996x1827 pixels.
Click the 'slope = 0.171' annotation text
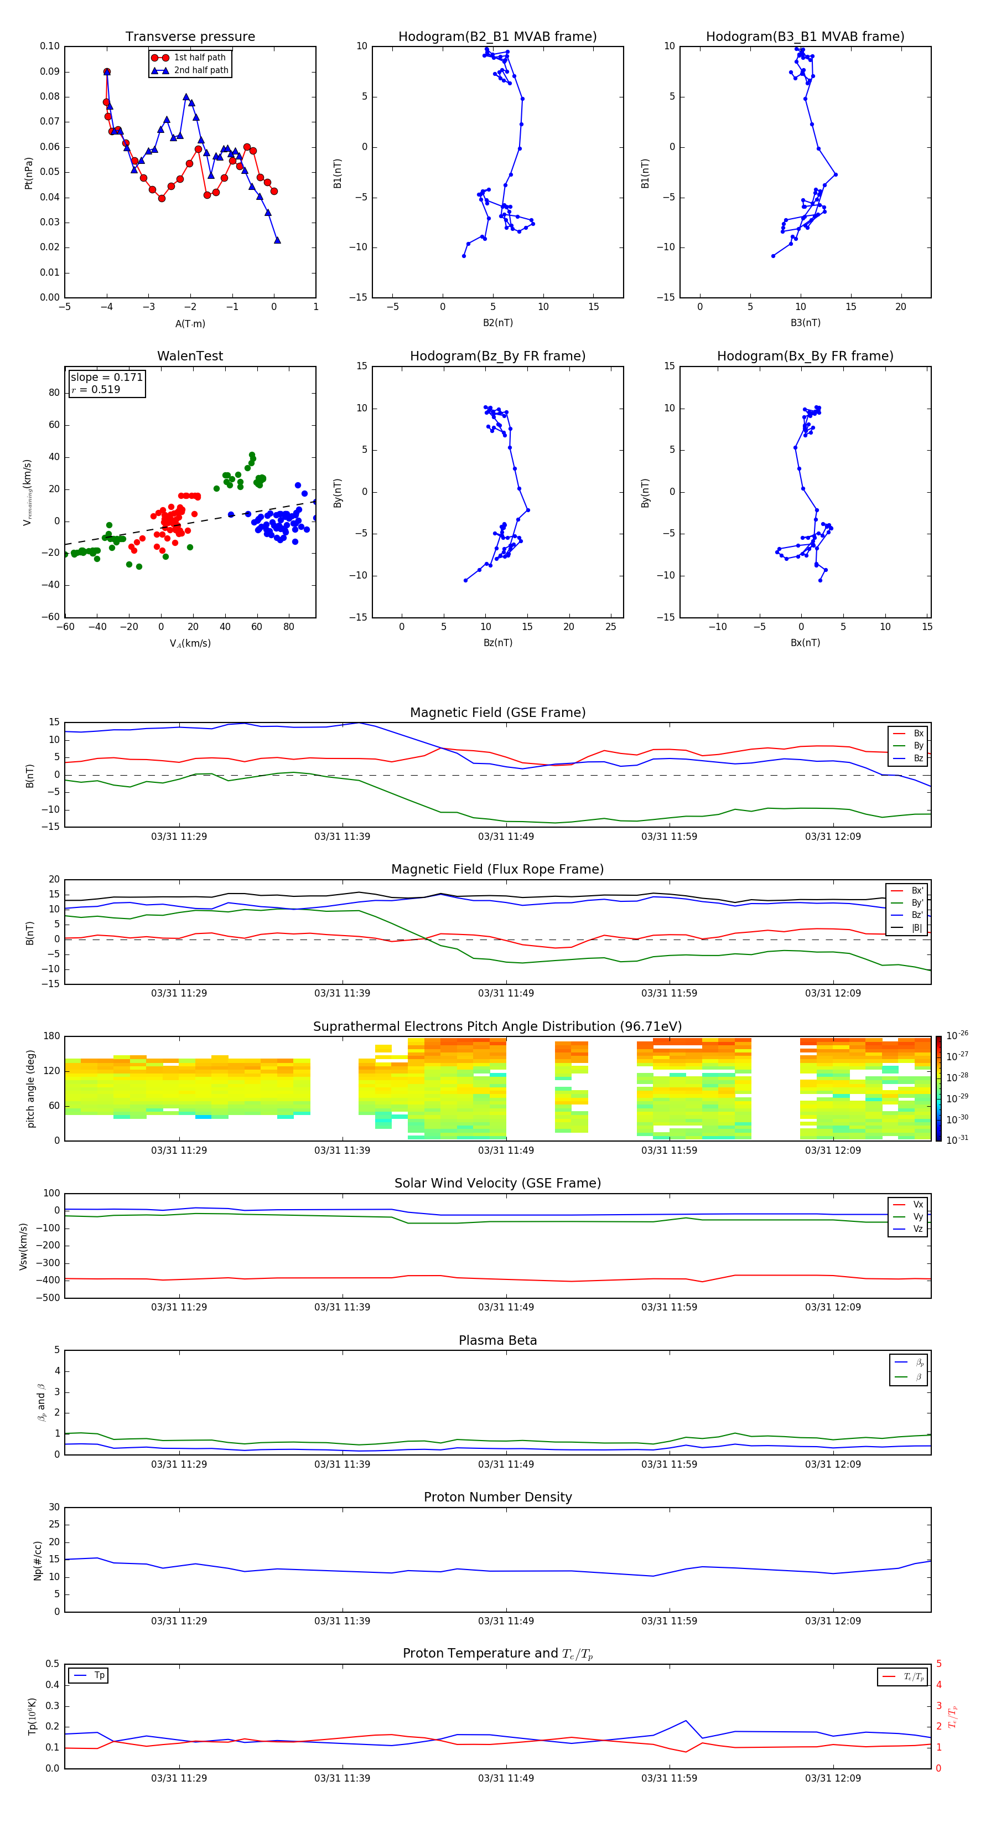pos(106,378)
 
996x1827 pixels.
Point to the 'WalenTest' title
pos(190,356)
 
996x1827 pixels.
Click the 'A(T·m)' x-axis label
pos(190,323)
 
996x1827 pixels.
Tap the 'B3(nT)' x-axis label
pos(805,323)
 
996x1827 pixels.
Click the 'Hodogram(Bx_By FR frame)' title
pos(805,356)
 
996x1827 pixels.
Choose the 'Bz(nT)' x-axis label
pos(497,643)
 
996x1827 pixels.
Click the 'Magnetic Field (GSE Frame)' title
pos(497,713)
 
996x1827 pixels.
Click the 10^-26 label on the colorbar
pos(957,1035)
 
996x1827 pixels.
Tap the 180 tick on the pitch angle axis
pos(52,1036)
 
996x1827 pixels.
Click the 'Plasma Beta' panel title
pos(497,1340)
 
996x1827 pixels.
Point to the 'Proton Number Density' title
pos(497,1497)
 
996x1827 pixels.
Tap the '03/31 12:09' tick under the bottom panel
pos(832,1778)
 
